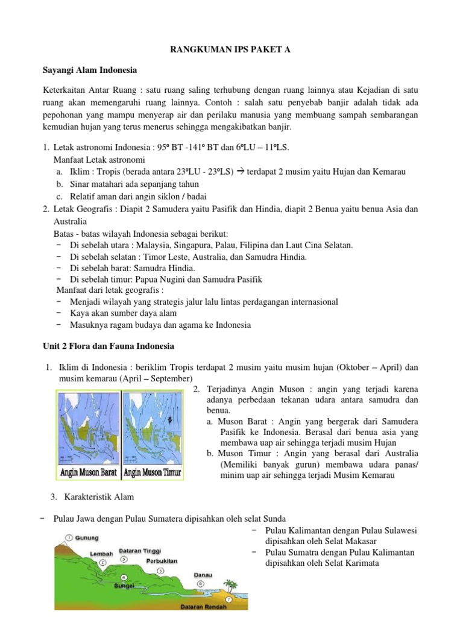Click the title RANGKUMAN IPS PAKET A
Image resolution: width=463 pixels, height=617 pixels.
pos(231,50)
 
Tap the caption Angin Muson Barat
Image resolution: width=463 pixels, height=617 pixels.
pos(89,472)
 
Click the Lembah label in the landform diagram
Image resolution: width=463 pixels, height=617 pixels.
pos(101,553)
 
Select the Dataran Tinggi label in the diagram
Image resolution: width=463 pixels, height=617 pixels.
pos(139,550)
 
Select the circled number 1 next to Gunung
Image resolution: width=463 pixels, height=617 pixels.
pos(70,536)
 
